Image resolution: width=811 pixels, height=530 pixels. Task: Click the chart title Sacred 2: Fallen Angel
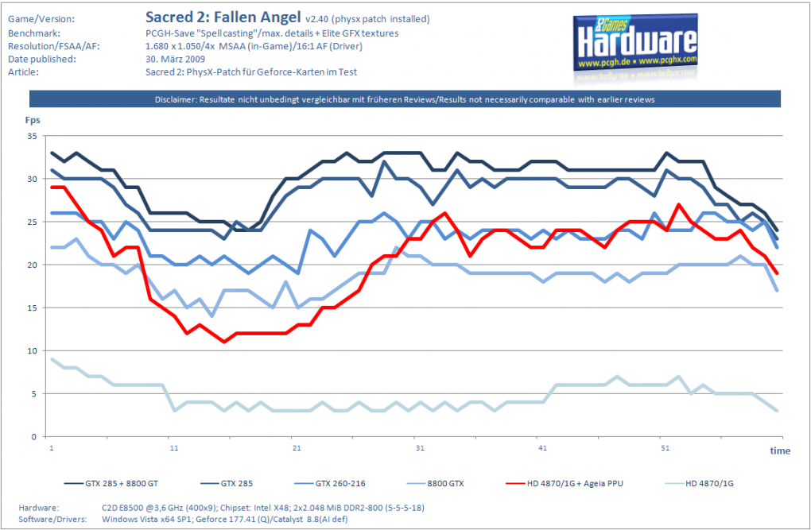point(223,17)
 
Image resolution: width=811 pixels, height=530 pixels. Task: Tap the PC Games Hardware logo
point(635,43)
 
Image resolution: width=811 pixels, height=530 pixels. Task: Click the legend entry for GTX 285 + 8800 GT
point(111,483)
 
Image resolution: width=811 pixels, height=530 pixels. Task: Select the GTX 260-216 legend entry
point(329,483)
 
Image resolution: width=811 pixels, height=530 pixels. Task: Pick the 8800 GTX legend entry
point(435,483)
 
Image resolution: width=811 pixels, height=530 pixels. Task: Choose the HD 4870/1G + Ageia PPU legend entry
point(565,483)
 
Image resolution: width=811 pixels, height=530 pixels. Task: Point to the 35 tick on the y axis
point(32,136)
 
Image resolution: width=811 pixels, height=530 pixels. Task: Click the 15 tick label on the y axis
point(32,308)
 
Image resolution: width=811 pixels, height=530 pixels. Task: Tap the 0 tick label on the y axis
point(34,436)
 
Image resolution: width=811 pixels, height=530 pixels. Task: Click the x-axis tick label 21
point(297,448)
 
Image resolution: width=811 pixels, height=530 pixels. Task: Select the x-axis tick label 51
point(665,448)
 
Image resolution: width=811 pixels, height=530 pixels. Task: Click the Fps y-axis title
point(33,120)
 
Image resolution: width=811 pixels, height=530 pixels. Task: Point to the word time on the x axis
point(780,451)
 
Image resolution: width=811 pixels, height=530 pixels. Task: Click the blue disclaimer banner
point(405,99)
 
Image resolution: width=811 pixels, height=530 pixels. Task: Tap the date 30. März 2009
point(176,59)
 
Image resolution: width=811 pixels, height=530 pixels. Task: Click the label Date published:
point(42,59)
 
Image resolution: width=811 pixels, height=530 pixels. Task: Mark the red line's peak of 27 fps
point(678,205)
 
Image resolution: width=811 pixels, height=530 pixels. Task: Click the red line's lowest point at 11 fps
point(224,342)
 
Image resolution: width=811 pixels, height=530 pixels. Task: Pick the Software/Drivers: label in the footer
point(52,519)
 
